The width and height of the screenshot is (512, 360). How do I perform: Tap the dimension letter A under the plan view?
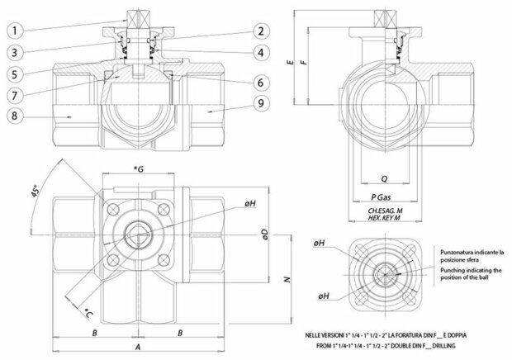pos(136,348)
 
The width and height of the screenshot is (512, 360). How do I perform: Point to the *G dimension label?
pos(138,169)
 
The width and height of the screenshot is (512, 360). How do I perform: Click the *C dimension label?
pos(88,312)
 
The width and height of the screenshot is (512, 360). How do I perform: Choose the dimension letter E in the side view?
pos(291,62)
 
